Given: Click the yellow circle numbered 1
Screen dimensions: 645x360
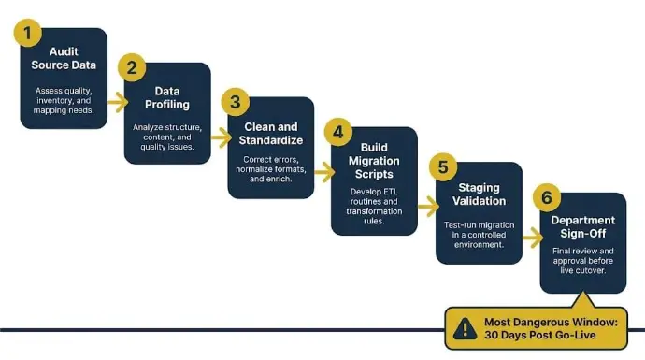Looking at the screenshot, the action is point(27,33).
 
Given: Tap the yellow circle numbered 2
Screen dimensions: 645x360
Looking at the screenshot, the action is point(132,67).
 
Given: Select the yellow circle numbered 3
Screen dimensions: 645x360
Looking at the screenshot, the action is point(236,102).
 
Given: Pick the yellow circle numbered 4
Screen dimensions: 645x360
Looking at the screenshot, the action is point(338,133).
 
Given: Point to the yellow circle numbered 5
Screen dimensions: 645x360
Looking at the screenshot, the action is point(443,167).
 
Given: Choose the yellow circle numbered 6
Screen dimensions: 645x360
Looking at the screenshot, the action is point(547,198).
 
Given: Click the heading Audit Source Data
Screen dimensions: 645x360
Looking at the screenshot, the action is point(64,58).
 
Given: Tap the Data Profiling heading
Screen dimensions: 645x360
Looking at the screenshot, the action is point(167,98).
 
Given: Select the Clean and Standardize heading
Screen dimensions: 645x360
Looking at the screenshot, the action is point(271,134).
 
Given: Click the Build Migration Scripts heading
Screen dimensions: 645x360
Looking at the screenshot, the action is point(374,161).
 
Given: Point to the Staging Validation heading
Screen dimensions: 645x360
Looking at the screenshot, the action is point(480,194).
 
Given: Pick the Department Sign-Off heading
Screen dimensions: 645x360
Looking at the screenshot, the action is point(583,226).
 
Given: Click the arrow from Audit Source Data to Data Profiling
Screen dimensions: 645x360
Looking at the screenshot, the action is point(118,102).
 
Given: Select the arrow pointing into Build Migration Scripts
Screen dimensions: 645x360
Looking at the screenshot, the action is point(325,172).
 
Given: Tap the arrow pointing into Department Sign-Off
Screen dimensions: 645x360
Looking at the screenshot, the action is point(533,238).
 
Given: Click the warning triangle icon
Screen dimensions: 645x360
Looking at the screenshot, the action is point(466,328).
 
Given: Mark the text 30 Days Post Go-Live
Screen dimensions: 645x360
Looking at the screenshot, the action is point(539,336).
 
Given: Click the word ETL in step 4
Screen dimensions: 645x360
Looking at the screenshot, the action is point(391,192).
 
